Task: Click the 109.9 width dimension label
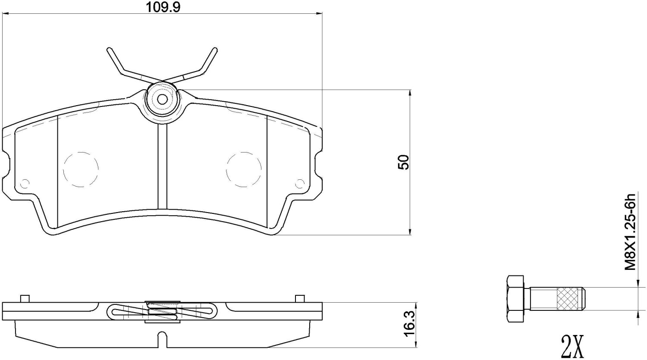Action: (163, 7)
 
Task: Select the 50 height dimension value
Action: (403, 162)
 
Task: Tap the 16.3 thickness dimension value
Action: (410, 324)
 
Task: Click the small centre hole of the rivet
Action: (163, 99)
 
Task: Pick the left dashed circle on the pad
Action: (81, 169)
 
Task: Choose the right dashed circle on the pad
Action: (244, 169)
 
